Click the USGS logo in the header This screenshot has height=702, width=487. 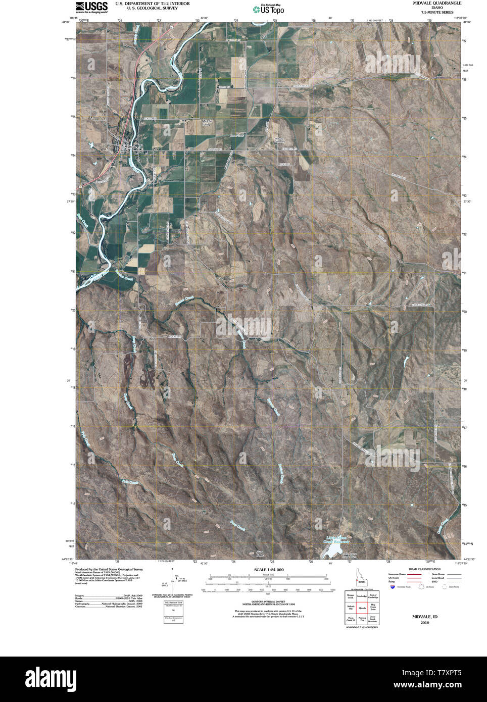(x=91, y=7)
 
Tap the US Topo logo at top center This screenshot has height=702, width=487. (x=268, y=9)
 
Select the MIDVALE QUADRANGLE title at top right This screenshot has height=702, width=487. (x=436, y=3)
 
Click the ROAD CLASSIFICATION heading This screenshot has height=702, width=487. (x=424, y=569)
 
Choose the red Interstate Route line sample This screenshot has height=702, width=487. (x=414, y=575)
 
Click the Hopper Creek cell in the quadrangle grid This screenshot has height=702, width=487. (x=350, y=596)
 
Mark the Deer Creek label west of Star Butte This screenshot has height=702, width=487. (x=237, y=526)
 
